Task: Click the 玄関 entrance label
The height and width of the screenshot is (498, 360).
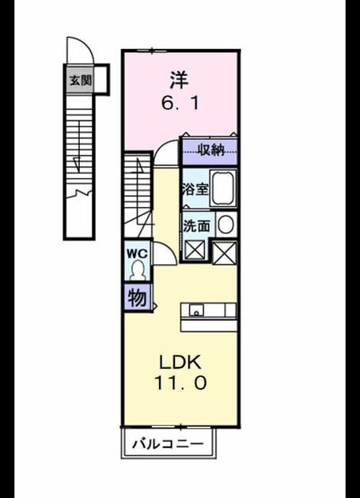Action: click(81, 81)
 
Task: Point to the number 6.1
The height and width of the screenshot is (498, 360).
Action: click(180, 104)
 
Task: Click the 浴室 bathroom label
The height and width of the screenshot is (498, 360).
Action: click(195, 189)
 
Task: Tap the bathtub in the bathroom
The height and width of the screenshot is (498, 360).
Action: click(224, 188)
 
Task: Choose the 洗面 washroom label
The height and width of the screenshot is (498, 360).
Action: click(196, 226)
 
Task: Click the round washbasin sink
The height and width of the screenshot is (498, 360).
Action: click(226, 224)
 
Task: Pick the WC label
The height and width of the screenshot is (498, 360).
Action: click(137, 254)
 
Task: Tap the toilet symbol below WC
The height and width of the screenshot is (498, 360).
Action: click(138, 270)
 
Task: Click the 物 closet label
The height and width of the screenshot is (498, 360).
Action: click(137, 298)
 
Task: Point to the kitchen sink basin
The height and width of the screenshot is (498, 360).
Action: click(196, 311)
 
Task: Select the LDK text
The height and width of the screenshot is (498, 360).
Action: click(180, 362)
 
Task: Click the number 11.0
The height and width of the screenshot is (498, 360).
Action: click(180, 383)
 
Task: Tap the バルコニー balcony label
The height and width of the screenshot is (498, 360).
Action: click(168, 443)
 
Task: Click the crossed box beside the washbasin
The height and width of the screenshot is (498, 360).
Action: click(225, 252)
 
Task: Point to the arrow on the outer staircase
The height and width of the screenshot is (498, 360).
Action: click(76, 164)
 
